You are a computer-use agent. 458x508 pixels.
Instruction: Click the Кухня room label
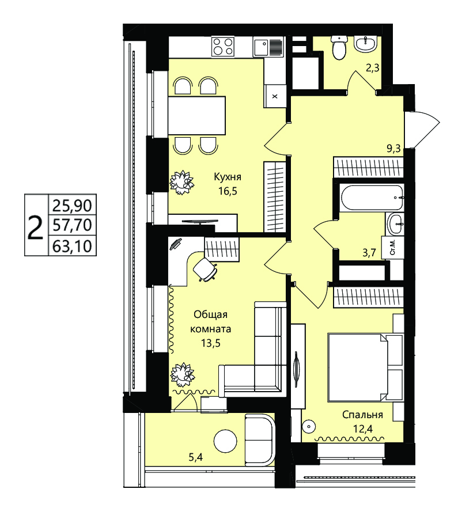pos(227,177)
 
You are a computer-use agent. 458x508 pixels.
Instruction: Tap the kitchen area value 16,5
pos(228,191)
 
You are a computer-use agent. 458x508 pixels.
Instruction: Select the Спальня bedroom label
pos(362,414)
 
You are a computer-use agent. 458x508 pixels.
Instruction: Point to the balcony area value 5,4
pos(196,457)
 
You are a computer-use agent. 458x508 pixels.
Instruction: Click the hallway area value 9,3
pos(393,149)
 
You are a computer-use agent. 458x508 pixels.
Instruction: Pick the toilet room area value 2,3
pos(372,69)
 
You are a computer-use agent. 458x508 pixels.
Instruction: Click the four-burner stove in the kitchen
pos(223,47)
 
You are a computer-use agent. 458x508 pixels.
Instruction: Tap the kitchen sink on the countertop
pos(268,47)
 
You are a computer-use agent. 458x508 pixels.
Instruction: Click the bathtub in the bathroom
pos(372,197)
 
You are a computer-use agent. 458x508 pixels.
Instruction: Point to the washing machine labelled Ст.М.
pos(392,247)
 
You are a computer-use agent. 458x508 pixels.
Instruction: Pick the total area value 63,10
pos(72,247)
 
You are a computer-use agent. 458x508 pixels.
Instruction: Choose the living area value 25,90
pos(72,206)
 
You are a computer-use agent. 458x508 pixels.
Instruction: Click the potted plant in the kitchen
pos(182,183)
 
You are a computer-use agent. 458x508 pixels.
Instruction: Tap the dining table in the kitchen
pos(197,115)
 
